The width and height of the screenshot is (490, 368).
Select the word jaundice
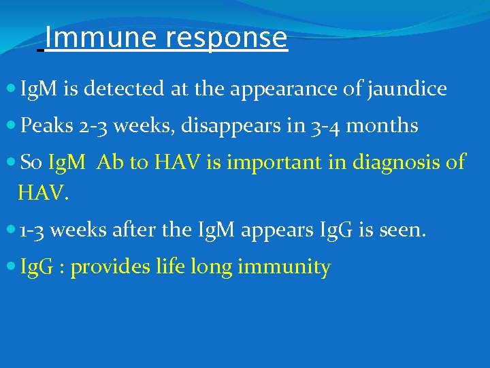click(407, 89)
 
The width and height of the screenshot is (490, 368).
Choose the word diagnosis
click(393, 163)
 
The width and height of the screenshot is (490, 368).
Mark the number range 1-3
click(33, 230)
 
